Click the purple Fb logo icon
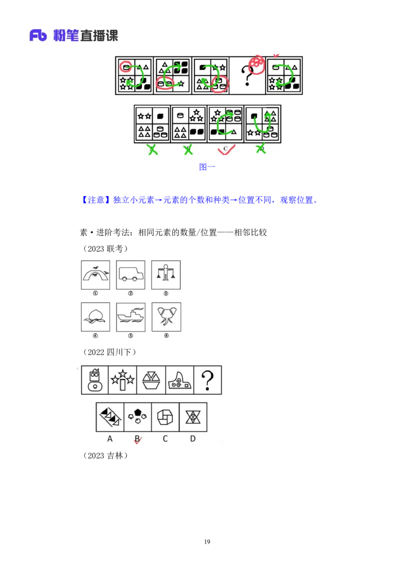coord(38,36)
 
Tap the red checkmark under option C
coord(226,149)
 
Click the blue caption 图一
coord(207,167)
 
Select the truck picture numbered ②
coord(130,275)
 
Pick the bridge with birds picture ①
coord(96,275)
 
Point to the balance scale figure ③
coord(166,275)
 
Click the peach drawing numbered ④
coord(96,317)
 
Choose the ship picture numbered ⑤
coord(131,317)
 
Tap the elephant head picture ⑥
coord(166,317)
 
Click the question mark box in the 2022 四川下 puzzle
coord(208,380)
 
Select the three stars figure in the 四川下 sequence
coord(123,380)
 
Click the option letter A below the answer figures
coord(110,439)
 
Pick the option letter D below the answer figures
coord(193,439)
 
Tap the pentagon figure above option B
coord(138,417)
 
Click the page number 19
coord(207,542)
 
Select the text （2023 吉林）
coord(106,456)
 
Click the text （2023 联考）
coord(106,248)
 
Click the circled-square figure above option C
coord(165,417)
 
